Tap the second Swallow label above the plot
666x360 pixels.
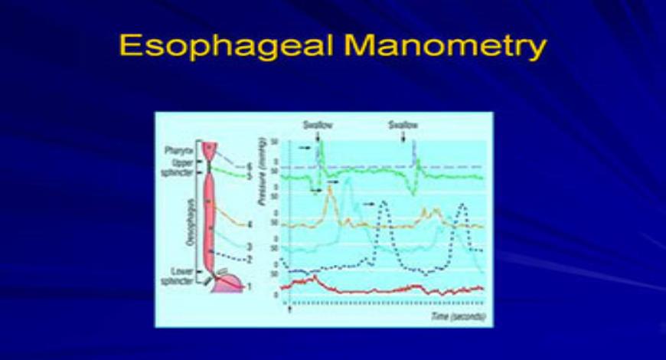[403, 125]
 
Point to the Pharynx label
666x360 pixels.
[181, 149]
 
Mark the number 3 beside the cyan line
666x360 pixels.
[249, 246]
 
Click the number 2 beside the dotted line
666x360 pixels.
[249, 259]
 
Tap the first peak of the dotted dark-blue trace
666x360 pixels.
[384, 202]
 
